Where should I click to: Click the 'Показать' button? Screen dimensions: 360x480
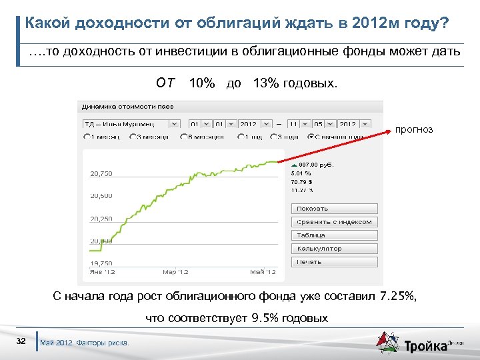[x=334, y=209]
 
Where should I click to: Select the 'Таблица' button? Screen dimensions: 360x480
[x=334, y=235]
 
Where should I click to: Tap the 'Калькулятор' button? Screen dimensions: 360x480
[x=334, y=249]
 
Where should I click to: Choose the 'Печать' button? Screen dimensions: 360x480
[x=334, y=262]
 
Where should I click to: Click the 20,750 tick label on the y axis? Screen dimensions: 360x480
[x=101, y=173]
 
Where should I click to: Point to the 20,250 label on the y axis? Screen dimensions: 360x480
[x=101, y=218]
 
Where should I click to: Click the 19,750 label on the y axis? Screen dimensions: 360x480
[x=101, y=263]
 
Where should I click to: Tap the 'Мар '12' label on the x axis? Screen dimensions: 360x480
[x=176, y=272]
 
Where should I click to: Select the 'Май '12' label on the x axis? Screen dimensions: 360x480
[x=263, y=272]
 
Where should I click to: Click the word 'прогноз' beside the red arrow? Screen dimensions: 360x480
[x=414, y=129]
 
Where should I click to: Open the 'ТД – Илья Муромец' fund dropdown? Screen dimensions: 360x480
[x=131, y=123]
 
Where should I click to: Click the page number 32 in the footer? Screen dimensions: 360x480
[x=21, y=341]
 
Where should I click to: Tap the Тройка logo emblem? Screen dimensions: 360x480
[x=387, y=343]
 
